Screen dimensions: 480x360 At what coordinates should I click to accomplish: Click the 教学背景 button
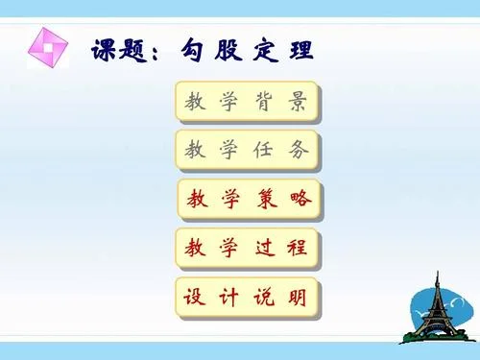tap(248, 102)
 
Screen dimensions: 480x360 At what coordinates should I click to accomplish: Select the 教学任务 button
tap(248, 151)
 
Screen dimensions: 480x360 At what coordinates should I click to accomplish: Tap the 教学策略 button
tap(250, 200)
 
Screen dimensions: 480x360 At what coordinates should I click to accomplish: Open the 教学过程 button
tap(248, 249)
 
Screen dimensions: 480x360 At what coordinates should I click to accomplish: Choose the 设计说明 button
tap(248, 298)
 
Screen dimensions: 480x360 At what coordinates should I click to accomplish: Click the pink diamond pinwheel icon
tap(48, 48)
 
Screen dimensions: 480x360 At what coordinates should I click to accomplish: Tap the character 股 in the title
tap(228, 50)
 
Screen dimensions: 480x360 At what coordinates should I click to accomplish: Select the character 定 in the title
tap(265, 50)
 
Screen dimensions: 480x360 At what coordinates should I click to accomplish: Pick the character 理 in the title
tap(301, 50)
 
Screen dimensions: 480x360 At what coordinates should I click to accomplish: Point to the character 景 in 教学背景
tap(298, 102)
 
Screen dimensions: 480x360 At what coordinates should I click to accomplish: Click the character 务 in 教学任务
tap(299, 150)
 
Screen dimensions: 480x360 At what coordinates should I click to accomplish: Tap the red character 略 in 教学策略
tap(300, 199)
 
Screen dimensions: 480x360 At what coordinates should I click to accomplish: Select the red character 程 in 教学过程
tap(298, 248)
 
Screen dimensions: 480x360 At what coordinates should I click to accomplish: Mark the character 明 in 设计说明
tap(298, 297)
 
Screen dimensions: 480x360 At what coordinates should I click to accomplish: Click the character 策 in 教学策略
tap(267, 199)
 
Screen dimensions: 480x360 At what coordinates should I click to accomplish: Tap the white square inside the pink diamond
tap(48, 48)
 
